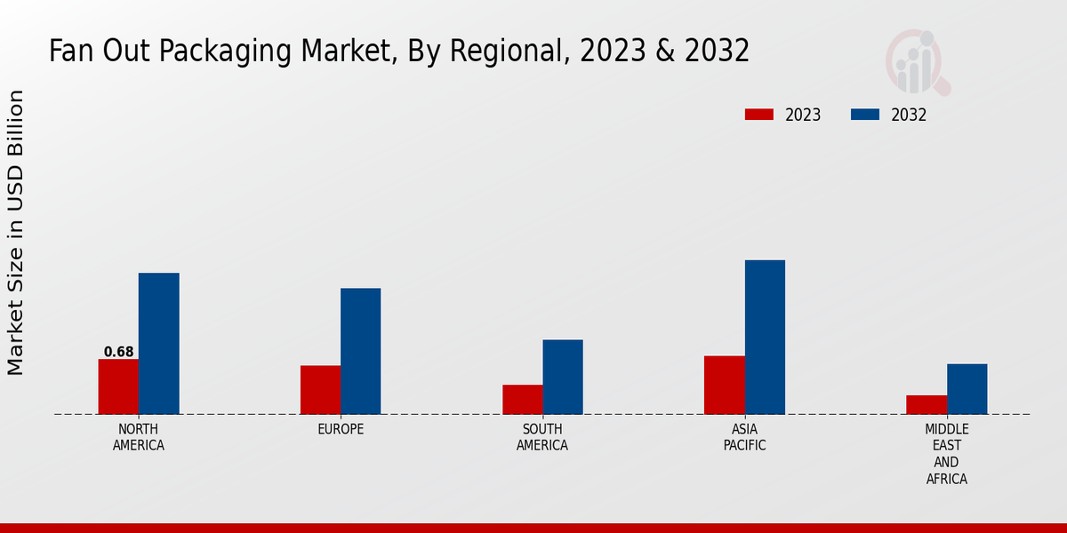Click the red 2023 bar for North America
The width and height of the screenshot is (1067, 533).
[118, 386]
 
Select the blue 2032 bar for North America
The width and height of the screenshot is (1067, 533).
[159, 343]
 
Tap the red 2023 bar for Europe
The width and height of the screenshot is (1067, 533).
[320, 390]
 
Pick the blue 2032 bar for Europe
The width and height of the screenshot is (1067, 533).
[361, 351]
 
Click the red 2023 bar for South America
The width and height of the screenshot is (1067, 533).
[522, 400]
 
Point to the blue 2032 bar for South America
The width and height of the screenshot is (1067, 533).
[563, 377]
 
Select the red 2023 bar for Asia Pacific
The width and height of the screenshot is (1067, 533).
[724, 385]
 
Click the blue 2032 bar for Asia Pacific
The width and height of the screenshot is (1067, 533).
[765, 337]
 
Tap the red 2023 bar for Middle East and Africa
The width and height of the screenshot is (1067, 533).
[927, 404]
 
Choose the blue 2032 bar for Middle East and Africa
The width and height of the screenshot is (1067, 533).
[967, 389]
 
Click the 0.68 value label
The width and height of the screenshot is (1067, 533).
[118, 352]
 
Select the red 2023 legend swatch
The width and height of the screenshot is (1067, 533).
[759, 115]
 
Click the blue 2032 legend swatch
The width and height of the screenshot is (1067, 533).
[865, 115]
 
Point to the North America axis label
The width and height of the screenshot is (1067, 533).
[139, 437]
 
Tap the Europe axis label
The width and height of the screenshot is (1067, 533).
[341, 429]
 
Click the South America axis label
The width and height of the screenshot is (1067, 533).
[542, 437]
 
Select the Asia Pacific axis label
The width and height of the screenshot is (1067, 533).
[744, 437]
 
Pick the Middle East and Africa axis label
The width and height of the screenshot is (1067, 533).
[946, 454]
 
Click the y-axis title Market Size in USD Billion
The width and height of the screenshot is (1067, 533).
[16, 233]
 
